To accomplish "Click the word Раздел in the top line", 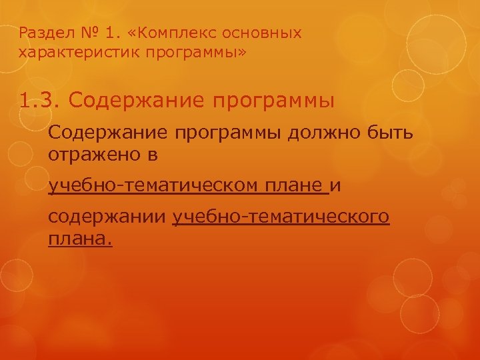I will [x=39, y=33].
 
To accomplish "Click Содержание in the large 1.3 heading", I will [x=137, y=101].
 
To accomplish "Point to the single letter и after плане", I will [x=335, y=187].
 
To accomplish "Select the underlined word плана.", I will [x=80, y=239].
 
